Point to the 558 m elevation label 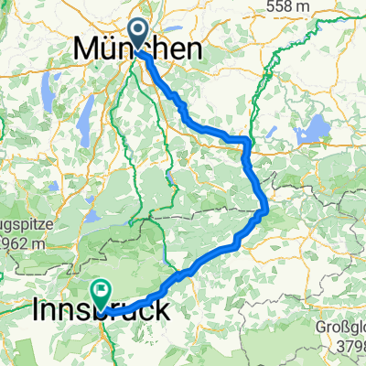click(x=326, y=6)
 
